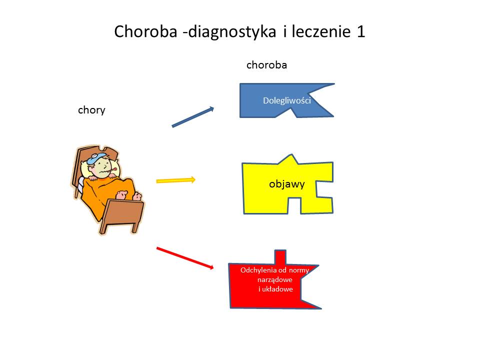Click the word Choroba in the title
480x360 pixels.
tap(145, 31)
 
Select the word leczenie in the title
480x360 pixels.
tap(321, 31)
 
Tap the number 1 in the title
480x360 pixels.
tap(361, 31)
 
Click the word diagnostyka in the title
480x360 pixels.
tap(231, 32)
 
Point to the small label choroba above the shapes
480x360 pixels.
tap(266, 65)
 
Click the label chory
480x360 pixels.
tap(91, 110)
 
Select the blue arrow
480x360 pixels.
tap(193, 116)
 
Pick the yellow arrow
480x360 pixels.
tap(175, 180)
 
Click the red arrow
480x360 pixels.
tap(185, 258)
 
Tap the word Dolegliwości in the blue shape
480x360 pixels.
tap(287, 100)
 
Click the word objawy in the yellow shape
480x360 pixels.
tap(287, 184)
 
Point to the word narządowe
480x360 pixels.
tap(275, 280)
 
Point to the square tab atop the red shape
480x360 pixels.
tap(280, 257)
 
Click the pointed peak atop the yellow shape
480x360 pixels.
tap(291, 159)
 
